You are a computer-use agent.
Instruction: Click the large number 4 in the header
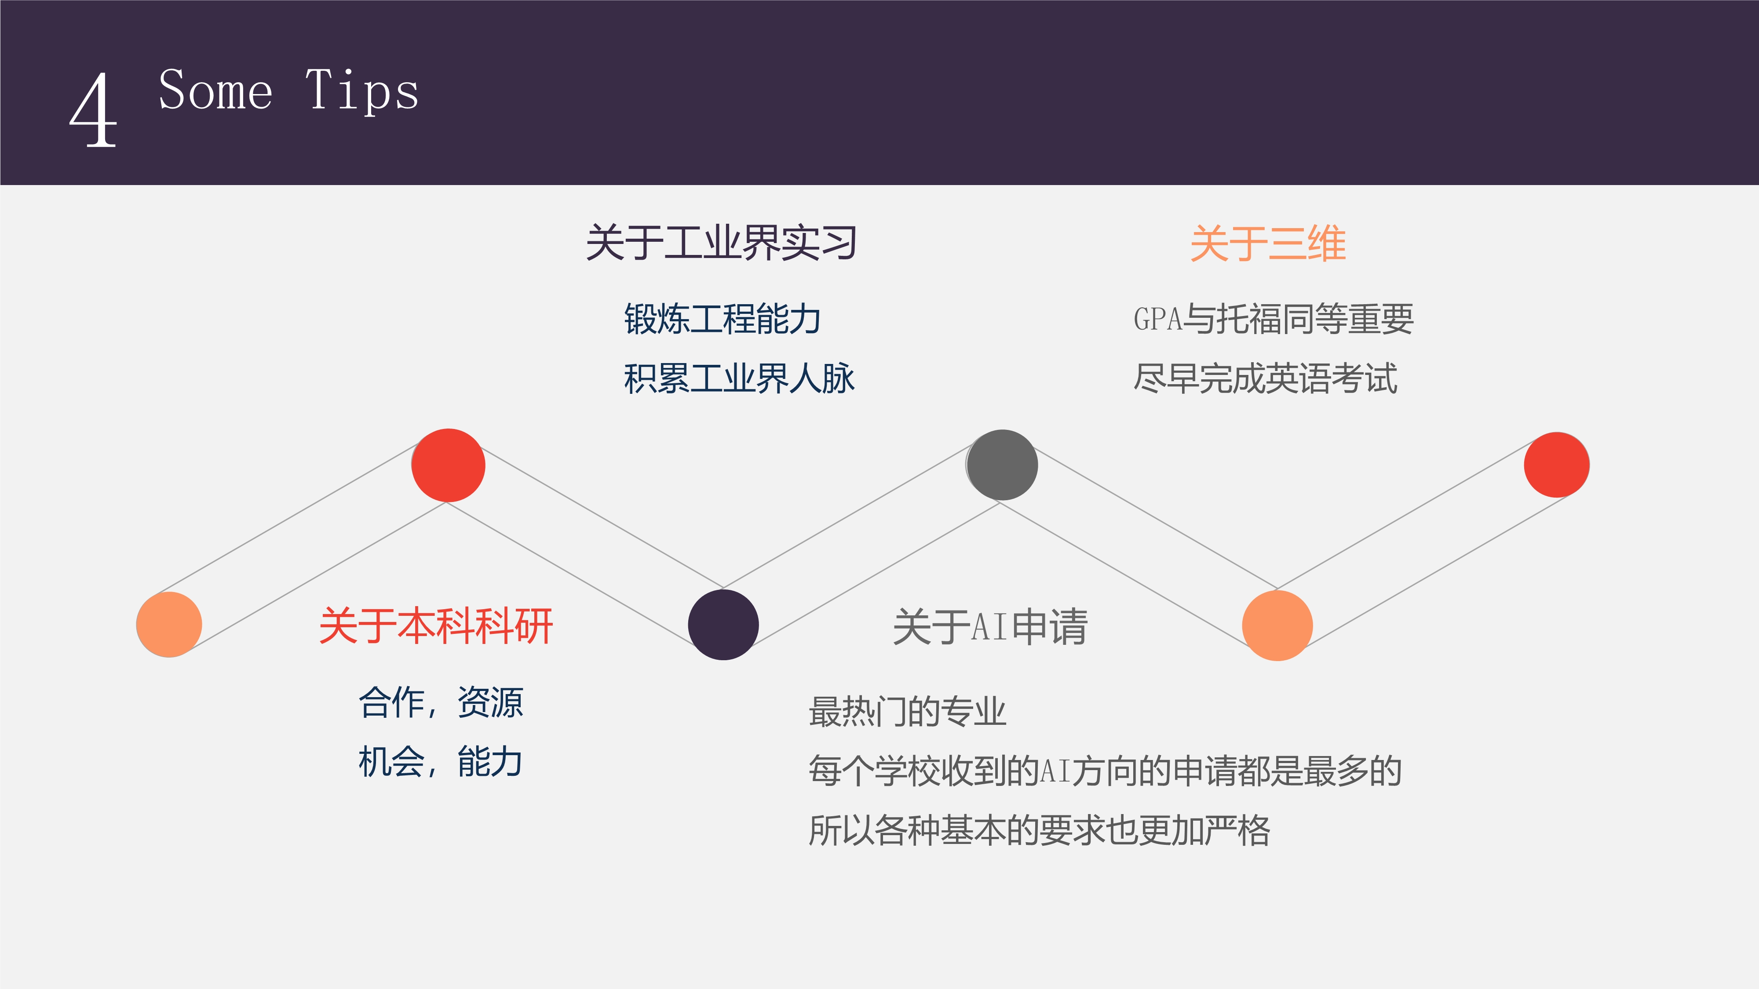tap(94, 109)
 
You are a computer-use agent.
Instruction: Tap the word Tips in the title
tap(362, 91)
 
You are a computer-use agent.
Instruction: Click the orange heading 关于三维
tap(1268, 243)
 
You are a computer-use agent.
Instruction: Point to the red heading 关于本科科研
tap(436, 626)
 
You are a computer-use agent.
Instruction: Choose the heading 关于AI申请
tap(990, 626)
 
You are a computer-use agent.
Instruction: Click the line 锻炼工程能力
tap(723, 319)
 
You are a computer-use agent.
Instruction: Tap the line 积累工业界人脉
tap(739, 378)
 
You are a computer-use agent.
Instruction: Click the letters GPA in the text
tap(1157, 319)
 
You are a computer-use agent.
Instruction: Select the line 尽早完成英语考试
tap(1265, 378)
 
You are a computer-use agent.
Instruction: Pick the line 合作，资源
tap(441, 702)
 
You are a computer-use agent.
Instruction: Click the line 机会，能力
tap(441, 762)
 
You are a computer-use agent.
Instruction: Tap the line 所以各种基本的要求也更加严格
tap(1039, 830)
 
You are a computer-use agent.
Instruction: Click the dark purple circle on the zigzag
tap(723, 625)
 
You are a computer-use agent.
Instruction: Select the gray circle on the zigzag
tap(1002, 465)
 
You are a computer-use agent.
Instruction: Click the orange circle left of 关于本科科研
tap(169, 625)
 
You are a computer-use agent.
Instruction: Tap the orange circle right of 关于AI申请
tap(1277, 625)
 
